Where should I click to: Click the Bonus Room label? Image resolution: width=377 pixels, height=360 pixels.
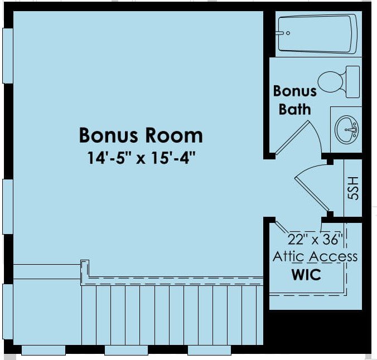tap(141, 135)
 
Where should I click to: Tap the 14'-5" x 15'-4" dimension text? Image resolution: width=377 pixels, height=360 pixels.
tap(141, 158)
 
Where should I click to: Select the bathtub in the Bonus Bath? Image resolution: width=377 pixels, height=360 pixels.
tap(318, 33)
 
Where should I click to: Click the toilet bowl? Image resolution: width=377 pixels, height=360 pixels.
tap(330, 82)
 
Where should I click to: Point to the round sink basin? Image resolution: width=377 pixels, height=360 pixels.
tap(347, 130)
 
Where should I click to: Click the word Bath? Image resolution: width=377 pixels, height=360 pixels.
tap(295, 109)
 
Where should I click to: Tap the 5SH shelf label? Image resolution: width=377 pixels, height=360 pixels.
tap(353, 188)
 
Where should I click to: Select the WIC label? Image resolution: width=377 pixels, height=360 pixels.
tap(306, 274)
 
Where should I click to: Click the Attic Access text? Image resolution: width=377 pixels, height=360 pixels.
tap(315, 256)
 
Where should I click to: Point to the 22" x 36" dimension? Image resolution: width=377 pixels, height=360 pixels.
tap(315, 239)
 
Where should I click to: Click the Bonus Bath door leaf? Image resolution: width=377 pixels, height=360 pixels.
tap(292, 138)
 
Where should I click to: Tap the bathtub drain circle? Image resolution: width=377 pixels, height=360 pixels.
tap(288, 33)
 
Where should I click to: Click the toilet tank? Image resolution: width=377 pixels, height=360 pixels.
tap(352, 82)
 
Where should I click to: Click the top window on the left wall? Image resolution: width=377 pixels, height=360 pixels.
tap(8, 56)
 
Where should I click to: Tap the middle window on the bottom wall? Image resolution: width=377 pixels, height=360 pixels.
tap(126, 351)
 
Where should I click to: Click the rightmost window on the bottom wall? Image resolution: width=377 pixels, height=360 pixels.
tap(209, 351)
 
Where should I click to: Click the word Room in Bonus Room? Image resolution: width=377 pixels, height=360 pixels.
tap(174, 135)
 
